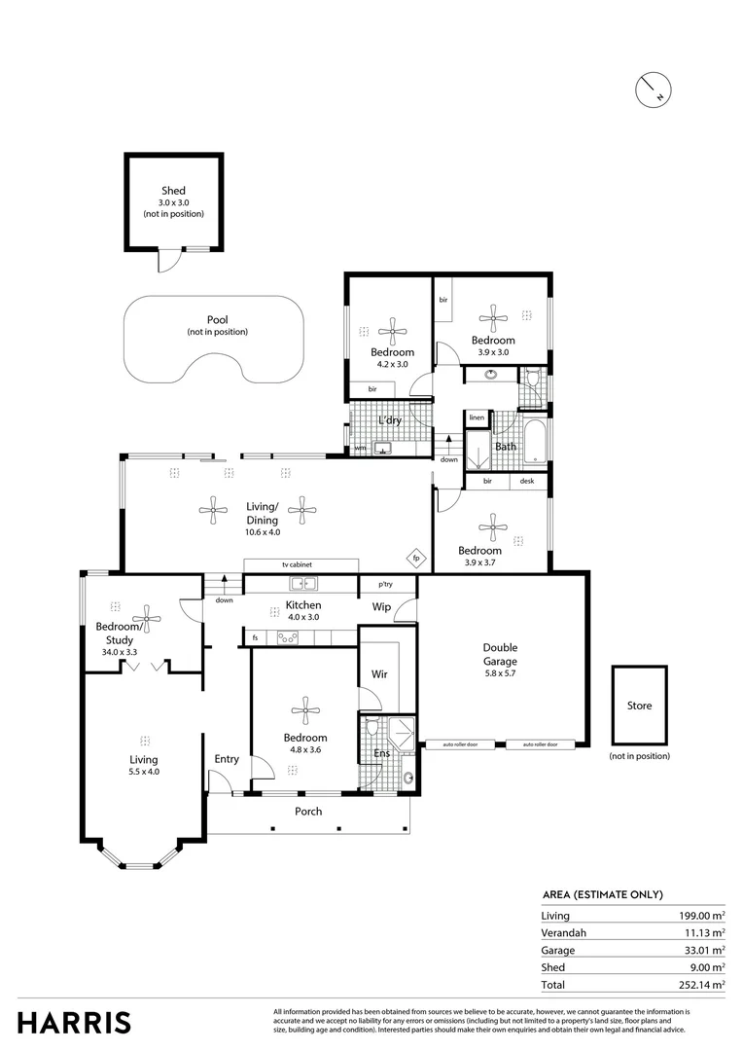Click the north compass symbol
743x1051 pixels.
point(651,89)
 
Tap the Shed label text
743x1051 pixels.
point(173,191)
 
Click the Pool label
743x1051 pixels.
point(217,320)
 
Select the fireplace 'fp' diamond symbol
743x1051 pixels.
point(415,558)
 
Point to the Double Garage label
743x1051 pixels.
point(500,654)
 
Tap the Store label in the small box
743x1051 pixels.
point(639,706)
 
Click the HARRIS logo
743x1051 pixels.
point(75,1023)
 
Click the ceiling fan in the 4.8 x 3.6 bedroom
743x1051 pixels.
point(305,707)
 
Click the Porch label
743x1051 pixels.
point(308,812)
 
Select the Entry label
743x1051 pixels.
point(227,759)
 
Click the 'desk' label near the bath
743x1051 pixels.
point(526,481)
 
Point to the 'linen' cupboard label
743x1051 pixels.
point(477,417)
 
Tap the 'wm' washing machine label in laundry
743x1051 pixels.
point(360,449)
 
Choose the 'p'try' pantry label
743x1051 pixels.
point(386,584)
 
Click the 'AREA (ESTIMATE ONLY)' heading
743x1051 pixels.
point(602,894)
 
